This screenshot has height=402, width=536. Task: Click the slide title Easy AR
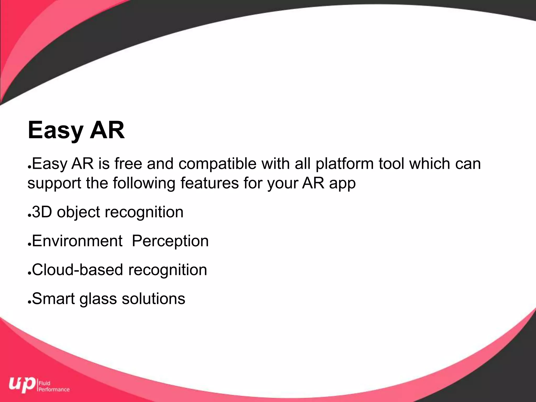click(76, 130)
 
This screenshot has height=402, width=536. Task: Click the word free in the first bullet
click(128, 164)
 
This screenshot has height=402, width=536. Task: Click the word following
click(144, 183)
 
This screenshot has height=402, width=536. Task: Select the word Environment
click(77, 241)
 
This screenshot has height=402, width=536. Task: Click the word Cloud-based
click(77, 270)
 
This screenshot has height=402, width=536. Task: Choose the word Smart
click(53, 299)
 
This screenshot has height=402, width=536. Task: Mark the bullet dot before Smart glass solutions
click(30, 302)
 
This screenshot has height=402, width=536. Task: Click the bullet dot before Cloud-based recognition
click(30, 273)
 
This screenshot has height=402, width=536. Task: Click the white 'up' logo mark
click(22, 384)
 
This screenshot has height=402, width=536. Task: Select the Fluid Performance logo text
click(54, 386)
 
